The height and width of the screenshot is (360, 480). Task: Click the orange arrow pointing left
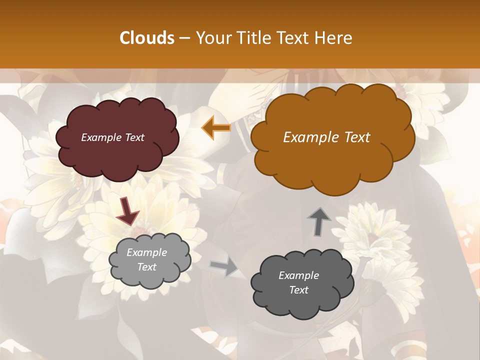[216, 128]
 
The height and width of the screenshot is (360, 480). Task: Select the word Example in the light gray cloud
[147, 252]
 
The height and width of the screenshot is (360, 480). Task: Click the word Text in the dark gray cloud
[298, 290]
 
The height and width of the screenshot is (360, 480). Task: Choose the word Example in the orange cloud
[311, 137]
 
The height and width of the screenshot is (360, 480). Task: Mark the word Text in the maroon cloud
[134, 137]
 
